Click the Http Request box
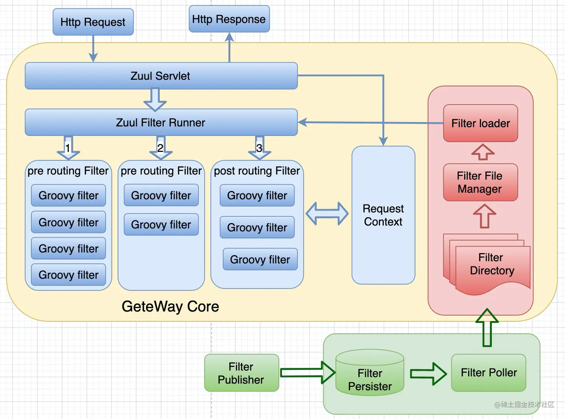[x=93, y=22]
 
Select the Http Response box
[x=229, y=19]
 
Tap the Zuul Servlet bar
[x=161, y=76]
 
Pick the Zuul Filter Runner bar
[x=161, y=122]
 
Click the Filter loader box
[x=480, y=123]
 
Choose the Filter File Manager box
[x=480, y=182]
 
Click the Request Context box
[x=383, y=215]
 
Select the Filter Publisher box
[x=241, y=373]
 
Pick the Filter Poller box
[x=488, y=373]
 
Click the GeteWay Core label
[x=170, y=306]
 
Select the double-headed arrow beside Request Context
[x=327, y=214]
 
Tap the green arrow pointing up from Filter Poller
[x=487, y=327]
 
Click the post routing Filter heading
[x=257, y=171]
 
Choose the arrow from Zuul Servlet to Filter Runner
[x=155, y=100]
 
